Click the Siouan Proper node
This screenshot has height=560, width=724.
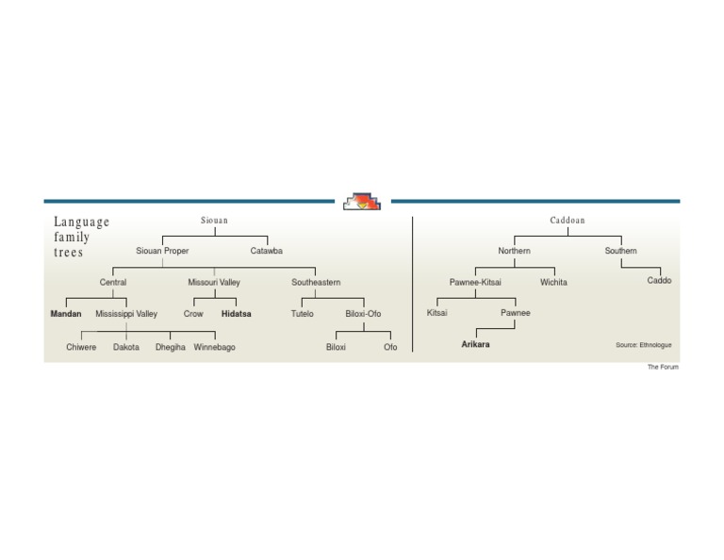[162, 251]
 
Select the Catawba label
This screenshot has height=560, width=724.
[266, 251]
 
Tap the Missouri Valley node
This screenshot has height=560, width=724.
[214, 282]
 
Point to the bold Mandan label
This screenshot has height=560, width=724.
[66, 314]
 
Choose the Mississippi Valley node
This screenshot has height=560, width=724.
[126, 314]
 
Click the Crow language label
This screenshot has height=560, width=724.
[193, 314]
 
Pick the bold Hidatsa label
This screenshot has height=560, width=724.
[236, 314]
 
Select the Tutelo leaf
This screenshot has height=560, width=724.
[303, 314]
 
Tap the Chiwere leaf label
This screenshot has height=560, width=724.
[81, 347]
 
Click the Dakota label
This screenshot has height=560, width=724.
[126, 347]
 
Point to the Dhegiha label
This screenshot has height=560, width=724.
[171, 347]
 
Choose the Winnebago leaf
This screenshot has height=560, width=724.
[215, 347]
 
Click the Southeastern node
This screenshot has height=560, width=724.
[316, 282]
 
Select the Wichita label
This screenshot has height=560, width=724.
[553, 282]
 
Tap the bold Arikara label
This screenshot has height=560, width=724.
[475, 345]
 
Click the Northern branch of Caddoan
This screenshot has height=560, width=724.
[514, 251]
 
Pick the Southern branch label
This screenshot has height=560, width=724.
[620, 251]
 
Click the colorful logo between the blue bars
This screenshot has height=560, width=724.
[362, 201]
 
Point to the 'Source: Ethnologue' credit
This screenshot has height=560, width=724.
[644, 345]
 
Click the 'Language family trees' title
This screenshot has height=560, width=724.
[81, 237]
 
